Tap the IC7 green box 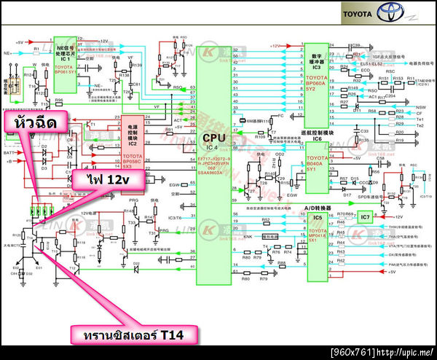click(x=366, y=216)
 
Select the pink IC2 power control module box click(x=131, y=139)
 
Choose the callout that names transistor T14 click(x=135, y=334)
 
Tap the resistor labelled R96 click(x=60, y=101)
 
